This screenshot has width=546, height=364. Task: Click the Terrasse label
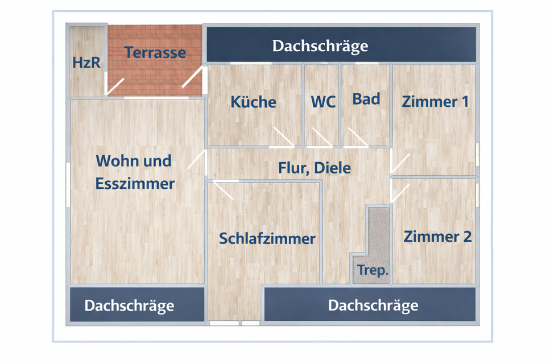[155, 52]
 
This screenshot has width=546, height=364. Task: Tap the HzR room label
[86, 62]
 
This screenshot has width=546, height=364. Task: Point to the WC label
[323, 102]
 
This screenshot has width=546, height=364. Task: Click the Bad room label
[366, 98]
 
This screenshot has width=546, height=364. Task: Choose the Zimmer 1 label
[435, 102]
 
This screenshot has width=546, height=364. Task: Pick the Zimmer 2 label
[437, 236]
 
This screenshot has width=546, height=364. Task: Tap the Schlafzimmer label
[267, 238]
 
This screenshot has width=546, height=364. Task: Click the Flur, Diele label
[315, 168]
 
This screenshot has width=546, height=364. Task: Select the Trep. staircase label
[373, 271]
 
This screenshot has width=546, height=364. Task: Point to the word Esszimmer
[135, 184]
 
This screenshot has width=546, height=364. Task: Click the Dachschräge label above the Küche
[320, 45]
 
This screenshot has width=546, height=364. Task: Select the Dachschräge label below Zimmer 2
[373, 305]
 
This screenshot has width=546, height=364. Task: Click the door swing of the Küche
[283, 137]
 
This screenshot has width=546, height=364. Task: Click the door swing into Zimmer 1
[399, 163]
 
